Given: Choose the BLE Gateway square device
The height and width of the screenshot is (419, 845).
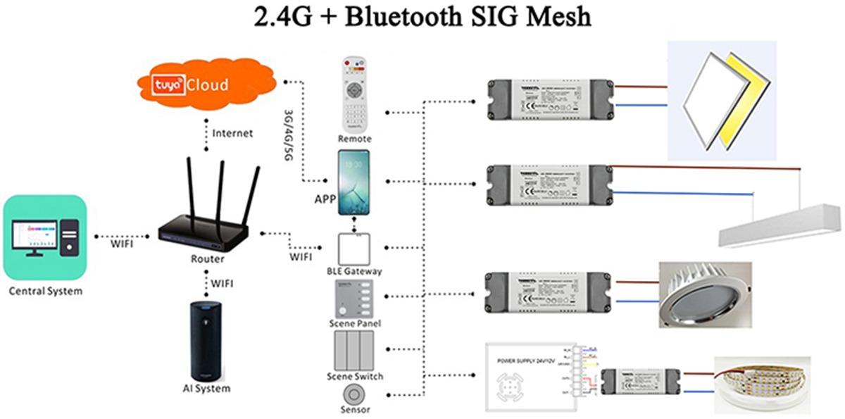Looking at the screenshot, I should tap(355, 246).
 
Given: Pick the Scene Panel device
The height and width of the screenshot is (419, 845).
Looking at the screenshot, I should tap(355, 299).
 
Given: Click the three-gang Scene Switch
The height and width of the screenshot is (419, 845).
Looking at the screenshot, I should tap(355, 349).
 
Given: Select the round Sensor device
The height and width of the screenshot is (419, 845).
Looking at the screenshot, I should tap(355, 394).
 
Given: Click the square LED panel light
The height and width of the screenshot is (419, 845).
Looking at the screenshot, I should tap(721, 99).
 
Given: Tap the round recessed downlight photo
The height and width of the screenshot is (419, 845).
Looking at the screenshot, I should tap(704, 294).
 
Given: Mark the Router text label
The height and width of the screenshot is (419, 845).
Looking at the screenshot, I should tap(207, 258).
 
